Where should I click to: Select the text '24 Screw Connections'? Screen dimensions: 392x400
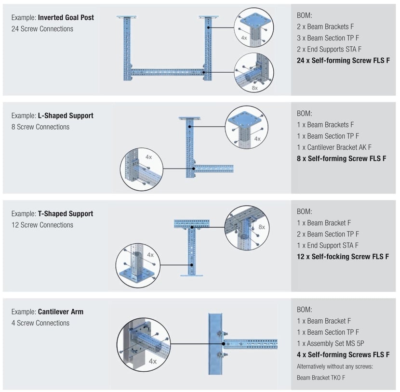pyautogui.click(x=42, y=29)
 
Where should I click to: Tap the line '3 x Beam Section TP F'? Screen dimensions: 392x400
pyautogui.click(x=328, y=38)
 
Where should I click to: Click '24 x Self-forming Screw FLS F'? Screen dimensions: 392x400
pyautogui.click(x=344, y=60)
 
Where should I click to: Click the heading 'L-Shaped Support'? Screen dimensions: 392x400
pyautogui.click(x=66, y=116)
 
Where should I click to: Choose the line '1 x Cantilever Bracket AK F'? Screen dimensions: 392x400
pyautogui.click(x=334, y=147)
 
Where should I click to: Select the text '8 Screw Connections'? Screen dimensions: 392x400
pyautogui.click(x=40, y=127)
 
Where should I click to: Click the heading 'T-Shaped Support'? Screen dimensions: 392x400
pyautogui.click(x=66, y=213)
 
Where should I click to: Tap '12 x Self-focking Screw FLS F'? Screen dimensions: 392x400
pyautogui.click(x=343, y=257)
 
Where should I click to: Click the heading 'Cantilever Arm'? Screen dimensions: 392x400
pyautogui.click(x=61, y=312)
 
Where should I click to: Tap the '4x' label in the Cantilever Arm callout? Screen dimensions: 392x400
pyautogui.click(x=153, y=361)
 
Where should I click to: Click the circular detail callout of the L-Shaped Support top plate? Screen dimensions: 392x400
pyautogui.click(x=246, y=127)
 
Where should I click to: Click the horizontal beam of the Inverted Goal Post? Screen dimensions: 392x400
pyautogui.click(x=167, y=72)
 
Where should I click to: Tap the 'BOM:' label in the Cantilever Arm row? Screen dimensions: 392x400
pyautogui.click(x=305, y=310)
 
